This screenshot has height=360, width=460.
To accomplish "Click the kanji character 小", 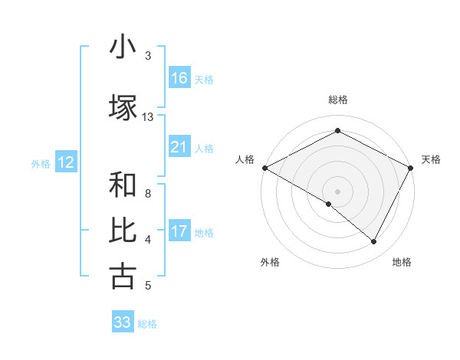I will tap(123, 47).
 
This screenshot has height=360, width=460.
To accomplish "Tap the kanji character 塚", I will tap(123, 107).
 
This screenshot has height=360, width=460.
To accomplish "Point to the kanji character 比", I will tap(123, 231).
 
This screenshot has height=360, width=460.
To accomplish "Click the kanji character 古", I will tap(123, 276).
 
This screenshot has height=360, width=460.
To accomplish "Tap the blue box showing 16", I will tap(179, 78).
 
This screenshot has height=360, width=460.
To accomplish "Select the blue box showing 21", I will tap(179, 147).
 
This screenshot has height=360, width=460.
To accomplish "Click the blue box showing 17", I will tap(179, 231).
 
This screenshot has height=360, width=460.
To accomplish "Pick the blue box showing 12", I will tap(65, 162).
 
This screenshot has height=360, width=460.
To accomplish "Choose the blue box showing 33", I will tap(123, 322).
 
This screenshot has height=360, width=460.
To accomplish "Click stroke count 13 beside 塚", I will tap(148, 117).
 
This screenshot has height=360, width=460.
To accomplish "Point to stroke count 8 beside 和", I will tap(147, 194).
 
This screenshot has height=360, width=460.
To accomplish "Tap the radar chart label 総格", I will tap(337, 100).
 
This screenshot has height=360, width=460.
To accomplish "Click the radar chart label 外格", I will tap(270, 262).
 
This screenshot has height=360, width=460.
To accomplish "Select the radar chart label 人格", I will tap(245, 159).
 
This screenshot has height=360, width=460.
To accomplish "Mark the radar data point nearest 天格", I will tap(411, 168).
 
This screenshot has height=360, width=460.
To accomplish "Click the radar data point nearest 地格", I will tap(374, 241).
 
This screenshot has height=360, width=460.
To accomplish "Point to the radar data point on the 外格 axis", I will tap(329, 204).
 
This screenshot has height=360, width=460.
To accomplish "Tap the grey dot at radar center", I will tap(337, 191).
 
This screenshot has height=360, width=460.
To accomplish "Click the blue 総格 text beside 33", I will tap(147, 323).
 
